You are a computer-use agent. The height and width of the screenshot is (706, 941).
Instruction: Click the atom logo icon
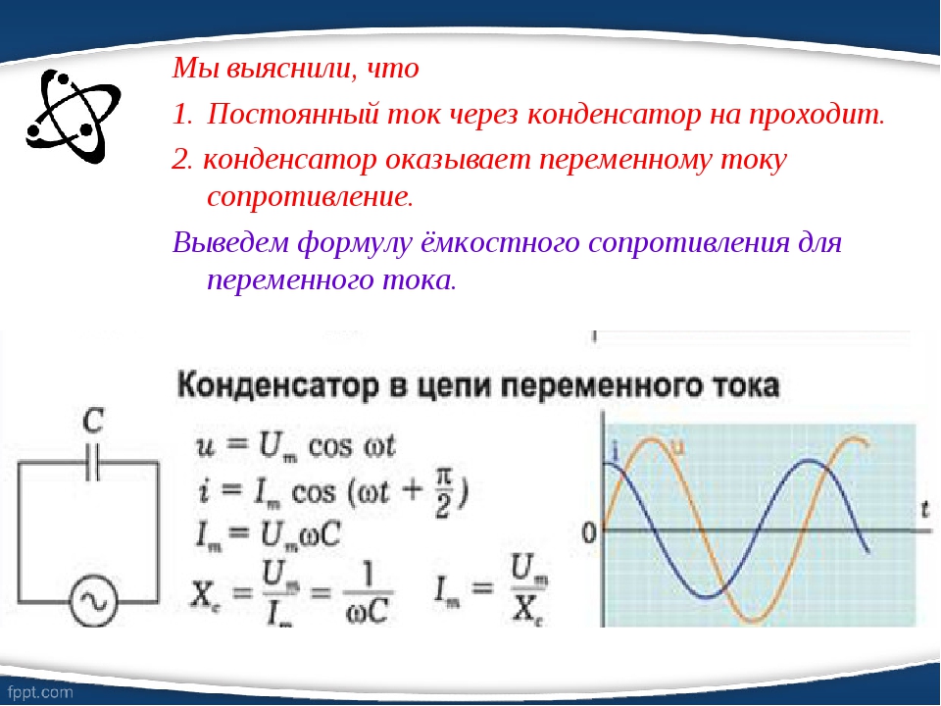click(74, 116)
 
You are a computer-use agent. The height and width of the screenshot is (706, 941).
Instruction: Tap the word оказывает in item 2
click(458, 160)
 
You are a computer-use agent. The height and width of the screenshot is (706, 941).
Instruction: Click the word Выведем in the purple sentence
click(231, 242)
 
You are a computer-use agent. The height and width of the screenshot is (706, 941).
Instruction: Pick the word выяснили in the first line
click(287, 69)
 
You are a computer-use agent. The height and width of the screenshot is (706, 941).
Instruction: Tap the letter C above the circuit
click(93, 422)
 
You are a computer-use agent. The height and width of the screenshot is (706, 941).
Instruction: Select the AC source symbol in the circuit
click(93, 601)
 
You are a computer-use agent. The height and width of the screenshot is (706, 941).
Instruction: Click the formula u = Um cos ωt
click(295, 447)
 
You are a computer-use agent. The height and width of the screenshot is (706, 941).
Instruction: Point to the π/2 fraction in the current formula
click(442, 493)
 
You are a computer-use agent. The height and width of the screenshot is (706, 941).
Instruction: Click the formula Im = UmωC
click(268, 533)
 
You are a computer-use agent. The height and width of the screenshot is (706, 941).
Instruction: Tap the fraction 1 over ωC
click(367, 594)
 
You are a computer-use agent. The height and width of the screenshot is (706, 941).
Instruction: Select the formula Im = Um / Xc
click(491, 589)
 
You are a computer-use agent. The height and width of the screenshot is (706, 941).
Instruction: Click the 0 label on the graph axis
click(589, 532)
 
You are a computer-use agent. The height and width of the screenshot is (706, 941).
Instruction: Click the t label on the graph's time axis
click(924, 510)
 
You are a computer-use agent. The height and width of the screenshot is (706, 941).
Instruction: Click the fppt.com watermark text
click(41, 692)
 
